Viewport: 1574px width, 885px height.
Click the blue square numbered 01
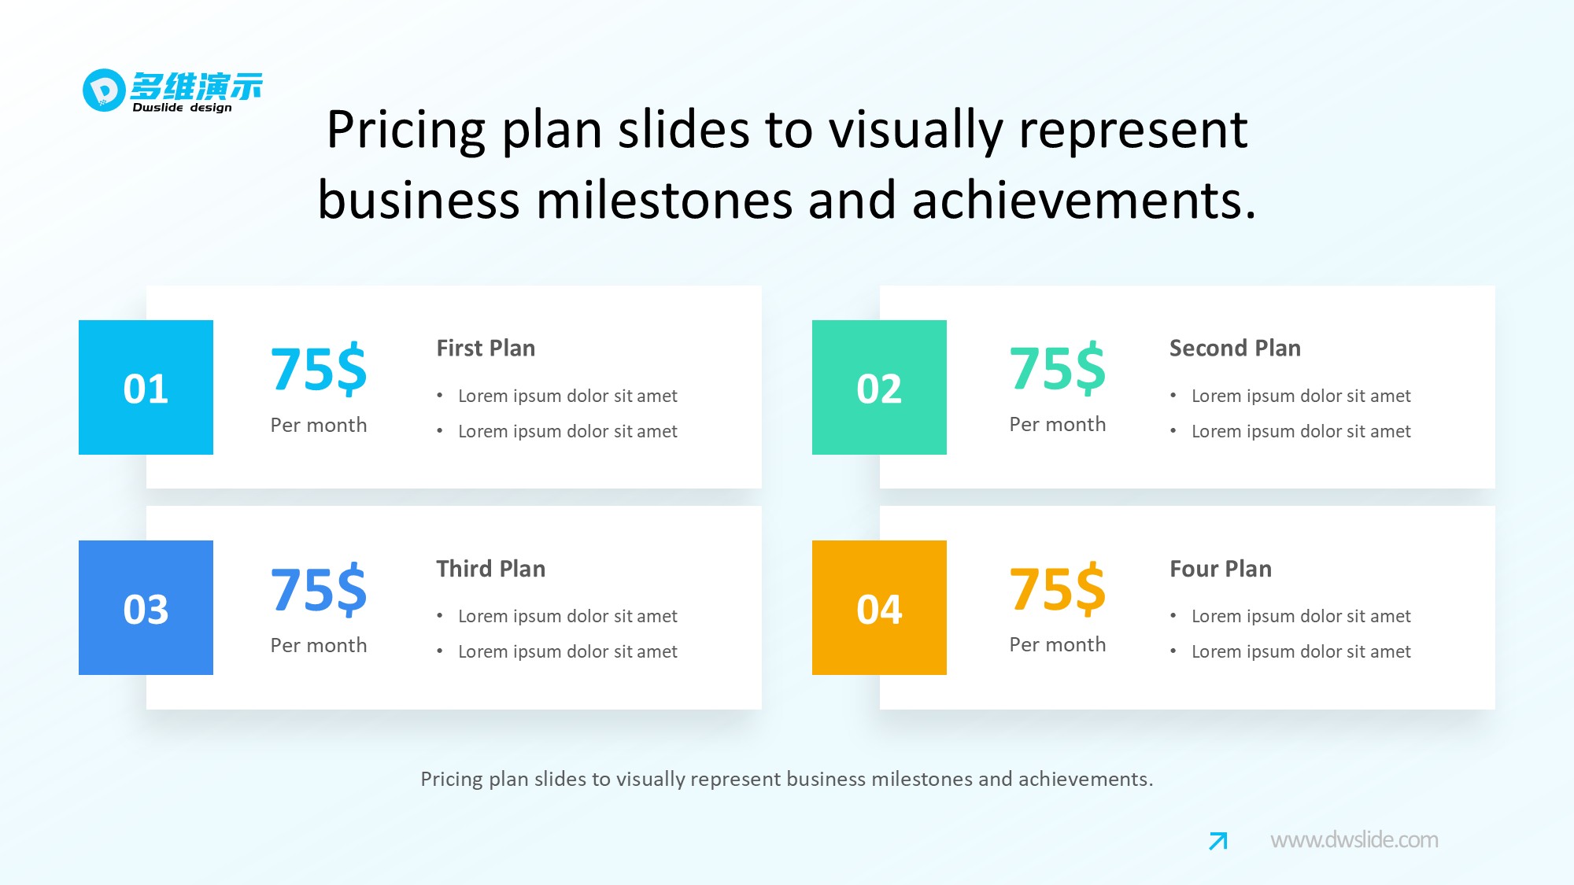coord(146,387)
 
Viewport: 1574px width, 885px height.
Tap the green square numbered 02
coord(879,387)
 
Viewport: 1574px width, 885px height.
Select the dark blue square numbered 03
coord(146,607)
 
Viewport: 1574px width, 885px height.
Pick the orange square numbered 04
coord(879,607)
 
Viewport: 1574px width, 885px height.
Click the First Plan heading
coord(486,348)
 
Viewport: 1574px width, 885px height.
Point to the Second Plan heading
coord(1235,348)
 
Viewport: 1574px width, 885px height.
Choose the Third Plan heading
coord(490,569)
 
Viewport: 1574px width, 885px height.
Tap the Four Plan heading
coord(1220,569)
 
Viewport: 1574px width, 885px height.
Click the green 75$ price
coord(1057,368)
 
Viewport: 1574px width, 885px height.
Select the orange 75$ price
coord(1057,589)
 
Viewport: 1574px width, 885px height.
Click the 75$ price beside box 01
coord(319,369)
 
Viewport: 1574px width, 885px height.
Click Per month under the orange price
coord(1057,644)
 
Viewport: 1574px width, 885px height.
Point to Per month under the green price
coord(1057,424)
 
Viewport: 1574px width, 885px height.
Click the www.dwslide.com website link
coord(1354,840)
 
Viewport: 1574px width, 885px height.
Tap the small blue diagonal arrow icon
coord(1217,841)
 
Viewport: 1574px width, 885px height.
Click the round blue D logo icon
coord(104,90)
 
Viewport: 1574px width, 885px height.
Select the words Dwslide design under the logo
coord(182,108)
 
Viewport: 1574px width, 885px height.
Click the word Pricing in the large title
coord(406,131)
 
